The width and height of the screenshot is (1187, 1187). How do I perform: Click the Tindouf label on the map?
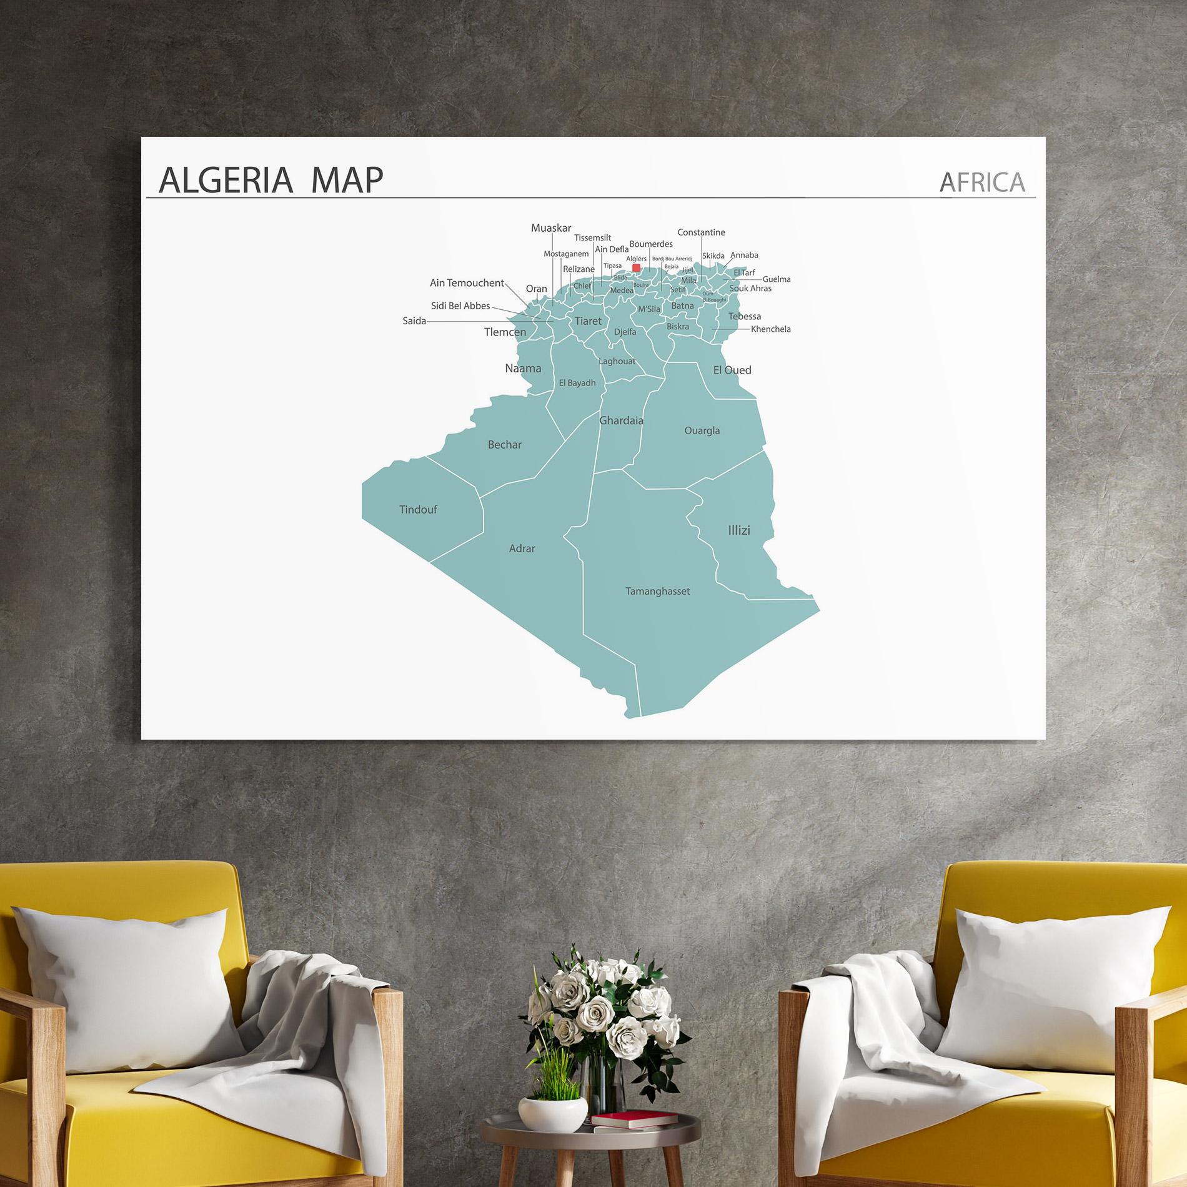418,510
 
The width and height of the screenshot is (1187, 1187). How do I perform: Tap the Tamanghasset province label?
657,591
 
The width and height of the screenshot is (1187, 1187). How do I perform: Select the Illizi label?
738,530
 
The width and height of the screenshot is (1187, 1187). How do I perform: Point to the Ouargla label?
702,430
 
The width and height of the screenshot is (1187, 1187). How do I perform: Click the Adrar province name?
522,549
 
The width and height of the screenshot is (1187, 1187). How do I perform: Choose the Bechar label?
504,445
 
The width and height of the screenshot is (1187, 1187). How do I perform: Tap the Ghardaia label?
621,420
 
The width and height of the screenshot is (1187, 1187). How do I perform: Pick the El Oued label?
732,370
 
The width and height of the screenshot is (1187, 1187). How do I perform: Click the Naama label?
523,369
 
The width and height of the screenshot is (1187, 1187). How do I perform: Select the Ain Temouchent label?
467,283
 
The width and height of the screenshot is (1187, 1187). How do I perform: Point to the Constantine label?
701,232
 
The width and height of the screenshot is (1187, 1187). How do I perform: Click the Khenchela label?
770,329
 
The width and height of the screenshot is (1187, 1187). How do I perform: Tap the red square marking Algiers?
636,268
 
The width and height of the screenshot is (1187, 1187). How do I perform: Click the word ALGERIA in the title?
226,180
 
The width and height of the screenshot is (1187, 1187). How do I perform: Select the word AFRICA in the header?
982,182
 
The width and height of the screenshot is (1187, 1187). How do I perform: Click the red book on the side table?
634,1119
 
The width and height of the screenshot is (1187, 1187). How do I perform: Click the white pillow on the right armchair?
1056,987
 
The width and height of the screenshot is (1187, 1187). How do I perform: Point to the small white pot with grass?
552,1112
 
